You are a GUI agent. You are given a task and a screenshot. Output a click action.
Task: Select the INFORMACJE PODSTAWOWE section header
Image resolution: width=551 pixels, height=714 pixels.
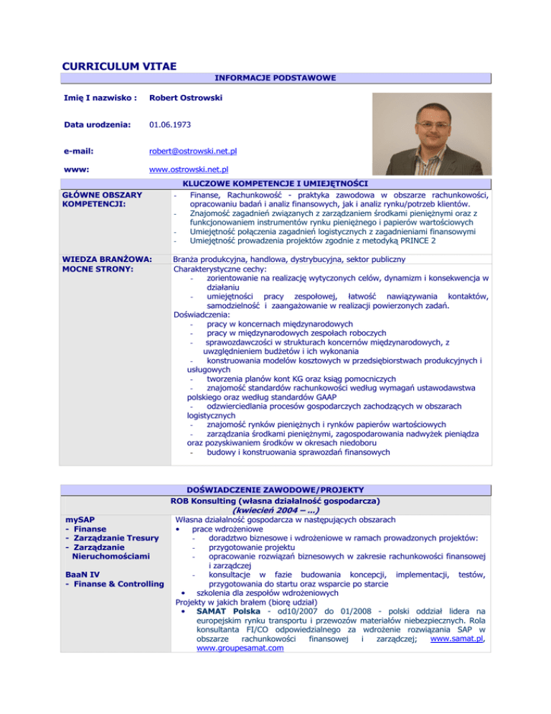275,78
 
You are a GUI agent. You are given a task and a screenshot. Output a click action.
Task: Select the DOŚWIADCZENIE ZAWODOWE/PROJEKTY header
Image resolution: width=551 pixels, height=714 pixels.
275,488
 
